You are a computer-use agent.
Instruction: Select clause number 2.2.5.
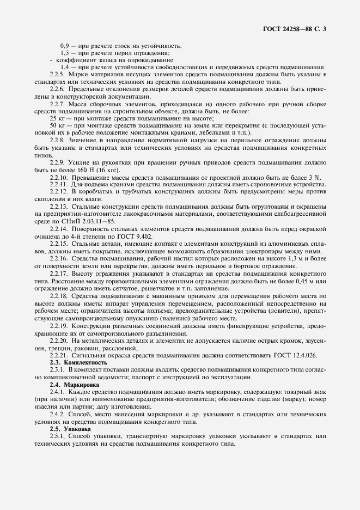click(57, 74)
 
